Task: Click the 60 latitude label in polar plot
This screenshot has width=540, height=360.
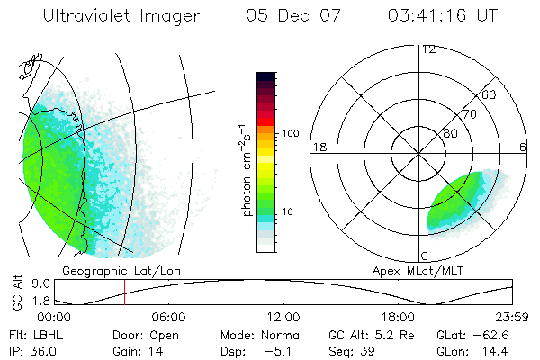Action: point(490,94)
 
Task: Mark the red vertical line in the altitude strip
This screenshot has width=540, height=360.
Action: point(124,293)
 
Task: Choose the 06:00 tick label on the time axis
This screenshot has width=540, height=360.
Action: point(168,317)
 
